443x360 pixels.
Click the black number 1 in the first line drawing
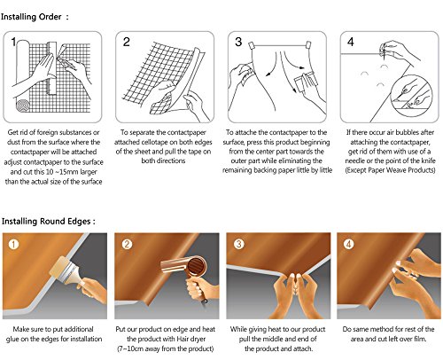(13, 42)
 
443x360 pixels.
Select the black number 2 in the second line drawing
(127, 42)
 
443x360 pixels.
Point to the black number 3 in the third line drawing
(238, 42)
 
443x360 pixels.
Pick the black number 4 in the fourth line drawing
(351, 42)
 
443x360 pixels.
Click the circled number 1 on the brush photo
(13, 244)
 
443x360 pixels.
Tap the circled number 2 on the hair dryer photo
(127, 244)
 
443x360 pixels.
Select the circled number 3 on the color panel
(238, 244)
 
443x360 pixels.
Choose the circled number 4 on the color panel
(349, 244)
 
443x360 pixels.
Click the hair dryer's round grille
(196, 266)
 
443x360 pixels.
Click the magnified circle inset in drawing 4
(411, 95)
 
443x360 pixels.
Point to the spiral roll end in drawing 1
(23, 106)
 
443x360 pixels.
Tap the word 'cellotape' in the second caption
(153, 142)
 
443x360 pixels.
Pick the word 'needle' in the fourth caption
(354, 161)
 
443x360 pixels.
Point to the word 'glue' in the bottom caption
(12, 340)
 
